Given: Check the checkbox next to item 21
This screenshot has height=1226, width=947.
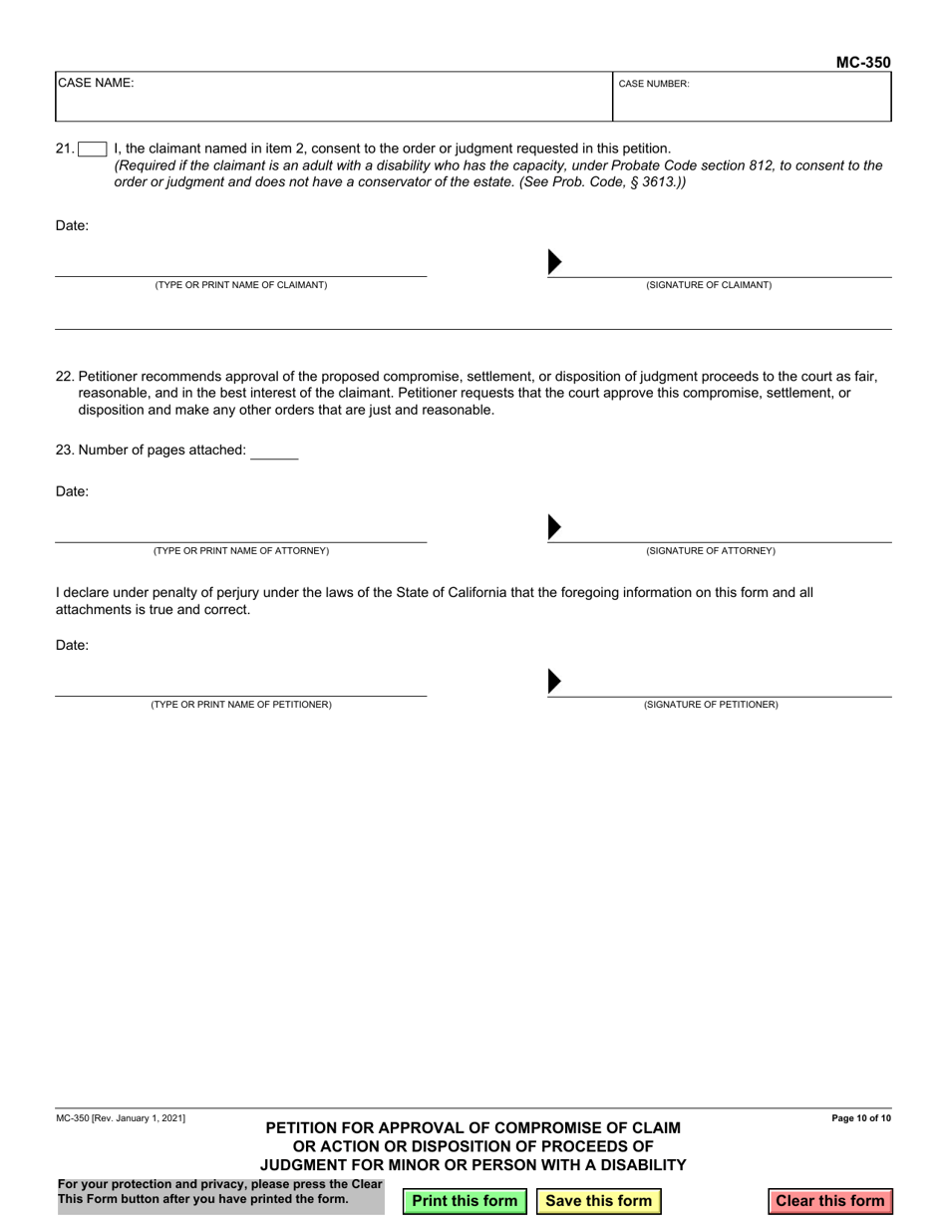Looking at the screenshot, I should (93, 150).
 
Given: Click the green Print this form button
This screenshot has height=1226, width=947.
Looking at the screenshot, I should (465, 1201).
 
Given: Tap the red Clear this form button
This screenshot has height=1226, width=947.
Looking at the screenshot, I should (829, 1201).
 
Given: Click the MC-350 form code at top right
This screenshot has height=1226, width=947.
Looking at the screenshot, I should (862, 62).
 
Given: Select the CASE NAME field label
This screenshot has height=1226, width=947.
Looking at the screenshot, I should (96, 84).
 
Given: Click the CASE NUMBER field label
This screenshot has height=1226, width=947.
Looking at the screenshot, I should (654, 85).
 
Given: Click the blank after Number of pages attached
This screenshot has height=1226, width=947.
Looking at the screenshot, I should (274, 451).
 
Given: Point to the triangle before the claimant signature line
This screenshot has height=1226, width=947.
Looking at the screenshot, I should (555, 262).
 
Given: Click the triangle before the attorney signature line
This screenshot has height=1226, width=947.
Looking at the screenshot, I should (555, 527).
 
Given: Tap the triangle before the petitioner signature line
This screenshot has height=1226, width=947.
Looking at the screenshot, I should (555, 682).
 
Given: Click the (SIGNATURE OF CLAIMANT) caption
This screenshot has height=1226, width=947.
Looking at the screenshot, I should (709, 285).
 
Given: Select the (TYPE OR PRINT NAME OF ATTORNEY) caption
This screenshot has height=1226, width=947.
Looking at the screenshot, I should (240, 551).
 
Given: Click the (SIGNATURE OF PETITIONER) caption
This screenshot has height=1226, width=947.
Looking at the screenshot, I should (711, 705).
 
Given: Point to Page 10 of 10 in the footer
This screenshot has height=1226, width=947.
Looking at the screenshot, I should (860, 1119).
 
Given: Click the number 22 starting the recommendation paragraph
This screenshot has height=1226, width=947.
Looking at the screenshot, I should (64, 377).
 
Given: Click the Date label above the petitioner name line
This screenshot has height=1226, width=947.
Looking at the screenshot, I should (72, 645).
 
